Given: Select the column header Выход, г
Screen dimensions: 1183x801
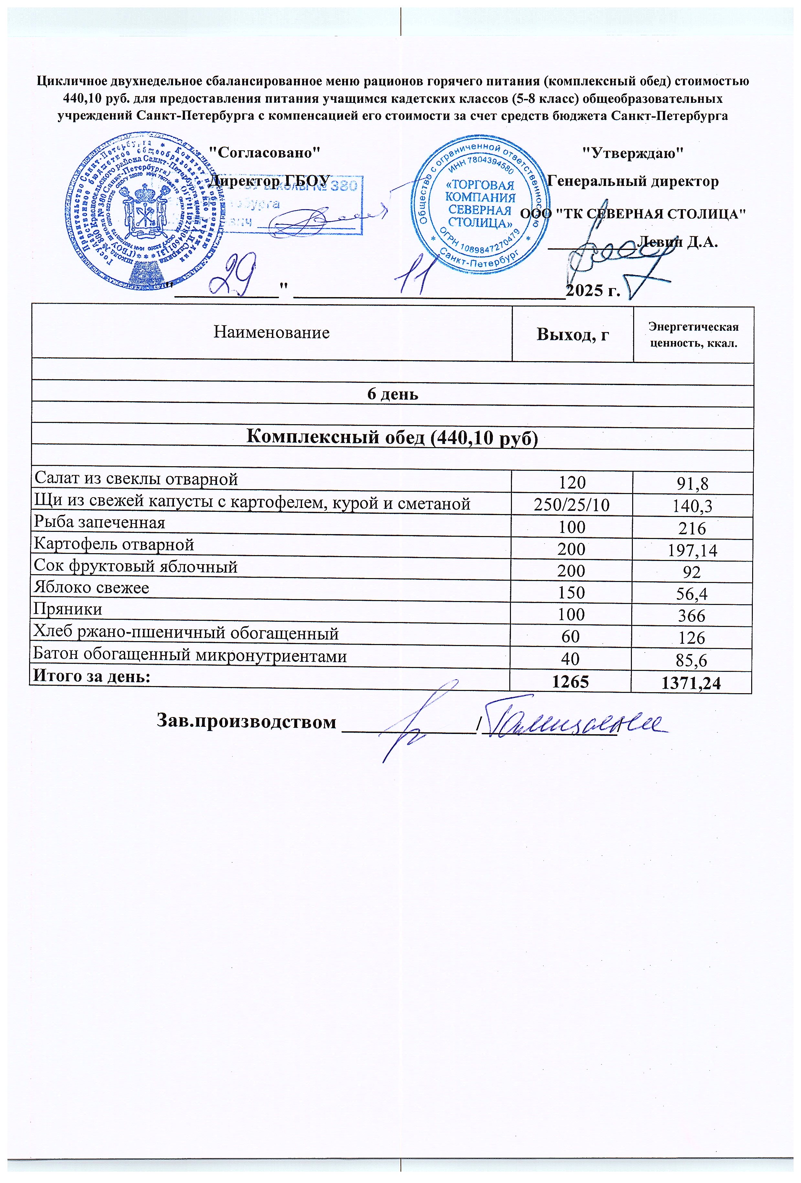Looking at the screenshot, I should coord(573,334).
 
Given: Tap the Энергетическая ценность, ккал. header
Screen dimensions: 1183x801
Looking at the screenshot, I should coord(693,334).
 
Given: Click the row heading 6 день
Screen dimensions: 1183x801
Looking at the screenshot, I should coord(393,394).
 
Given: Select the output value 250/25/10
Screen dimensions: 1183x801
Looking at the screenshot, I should coord(571,504).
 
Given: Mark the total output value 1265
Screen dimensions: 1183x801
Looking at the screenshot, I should coord(571,682).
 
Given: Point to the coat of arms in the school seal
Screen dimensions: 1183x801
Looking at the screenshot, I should coord(144,211).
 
